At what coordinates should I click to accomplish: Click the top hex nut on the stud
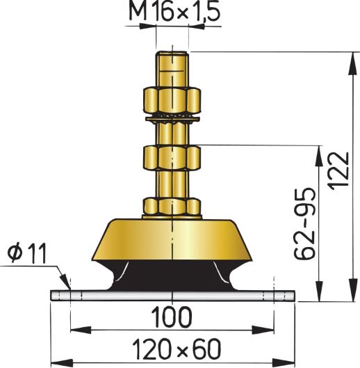pyautogui.click(x=172, y=97)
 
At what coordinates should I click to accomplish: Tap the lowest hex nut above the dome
pyautogui.click(x=172, y=206)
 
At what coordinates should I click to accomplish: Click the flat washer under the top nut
pyautogui.click(x=172, y=112)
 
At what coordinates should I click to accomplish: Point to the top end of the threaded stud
pyautogui.click(x=172, y=56)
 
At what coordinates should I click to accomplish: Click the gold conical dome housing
pyautogui.click(x=172, y=240)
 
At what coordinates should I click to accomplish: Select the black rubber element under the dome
pyautogui.click(x=172, y=278)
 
